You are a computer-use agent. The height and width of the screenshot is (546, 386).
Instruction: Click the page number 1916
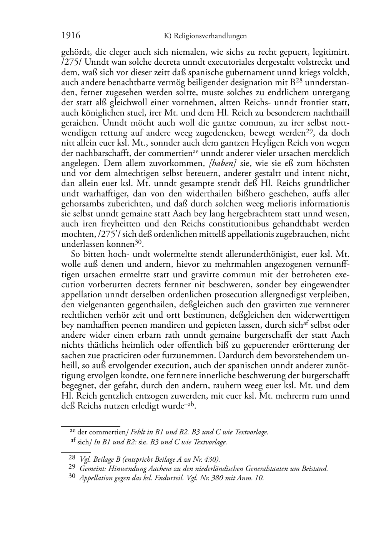click(71, 36)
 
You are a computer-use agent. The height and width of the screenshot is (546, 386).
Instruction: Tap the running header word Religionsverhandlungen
click(210, 36)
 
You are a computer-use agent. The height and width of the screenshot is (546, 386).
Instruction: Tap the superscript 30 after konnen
click(139, 242)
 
